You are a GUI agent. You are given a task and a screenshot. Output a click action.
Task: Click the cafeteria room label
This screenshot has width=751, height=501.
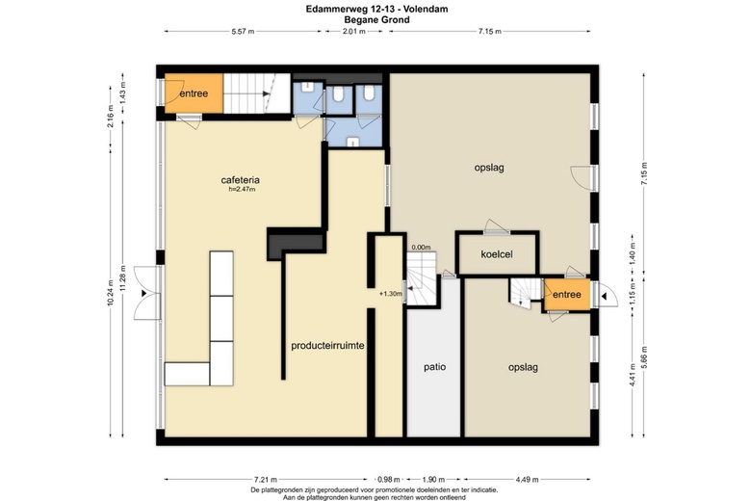[241, 180]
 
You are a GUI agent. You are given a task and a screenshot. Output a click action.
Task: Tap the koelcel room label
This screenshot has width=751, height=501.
[497, 254]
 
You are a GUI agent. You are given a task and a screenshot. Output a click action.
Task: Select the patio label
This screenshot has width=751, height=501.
[435, 367]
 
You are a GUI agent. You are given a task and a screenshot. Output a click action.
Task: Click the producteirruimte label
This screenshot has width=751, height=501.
[327, 345]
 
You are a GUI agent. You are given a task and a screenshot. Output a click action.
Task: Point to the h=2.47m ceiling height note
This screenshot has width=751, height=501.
[242, 190]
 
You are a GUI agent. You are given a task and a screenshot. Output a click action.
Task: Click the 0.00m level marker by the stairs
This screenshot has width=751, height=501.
[421, 248]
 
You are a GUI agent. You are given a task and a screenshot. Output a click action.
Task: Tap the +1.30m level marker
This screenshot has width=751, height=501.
[390, 294]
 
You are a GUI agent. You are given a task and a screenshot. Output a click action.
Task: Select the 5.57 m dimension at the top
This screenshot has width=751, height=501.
[243, 32]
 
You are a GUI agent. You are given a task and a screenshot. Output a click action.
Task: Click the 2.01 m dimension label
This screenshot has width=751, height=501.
[354, 32]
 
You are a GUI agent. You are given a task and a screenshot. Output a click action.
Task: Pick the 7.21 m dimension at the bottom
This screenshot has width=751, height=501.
[266, 479]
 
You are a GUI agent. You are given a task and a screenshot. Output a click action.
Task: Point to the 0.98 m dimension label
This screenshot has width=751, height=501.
[389, 479]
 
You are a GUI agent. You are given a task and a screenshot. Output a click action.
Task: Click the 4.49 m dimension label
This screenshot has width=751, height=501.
[527, 479]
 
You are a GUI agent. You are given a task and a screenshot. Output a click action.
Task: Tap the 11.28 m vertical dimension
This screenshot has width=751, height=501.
[123, 278]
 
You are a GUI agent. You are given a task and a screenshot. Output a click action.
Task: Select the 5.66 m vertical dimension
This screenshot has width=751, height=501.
[644, 357]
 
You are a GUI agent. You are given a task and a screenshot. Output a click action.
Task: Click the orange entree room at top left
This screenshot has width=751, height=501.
[194, 93]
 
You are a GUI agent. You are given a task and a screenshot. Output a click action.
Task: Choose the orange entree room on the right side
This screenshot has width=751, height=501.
[566, 295]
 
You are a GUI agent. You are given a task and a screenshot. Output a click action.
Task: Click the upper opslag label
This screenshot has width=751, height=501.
[489, 169]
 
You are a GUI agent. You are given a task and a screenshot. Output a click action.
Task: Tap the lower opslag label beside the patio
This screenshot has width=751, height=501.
[523, 368]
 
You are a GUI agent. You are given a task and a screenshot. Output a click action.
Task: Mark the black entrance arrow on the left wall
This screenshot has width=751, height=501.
[143, 294]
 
